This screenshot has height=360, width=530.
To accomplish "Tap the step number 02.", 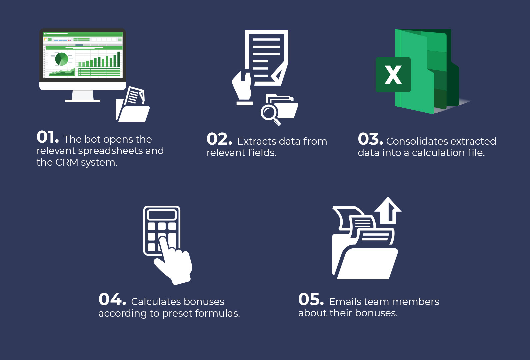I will [x=219, y=139].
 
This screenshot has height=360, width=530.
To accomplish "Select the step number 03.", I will [x=370, y=139].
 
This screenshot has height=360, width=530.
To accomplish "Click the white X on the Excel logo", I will [x=393, y=75].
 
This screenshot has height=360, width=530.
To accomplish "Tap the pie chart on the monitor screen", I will [x=62, y=59].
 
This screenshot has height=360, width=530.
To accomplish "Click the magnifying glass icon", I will [x=269, y=113].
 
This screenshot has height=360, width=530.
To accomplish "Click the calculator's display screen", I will [x=162, y=214].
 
